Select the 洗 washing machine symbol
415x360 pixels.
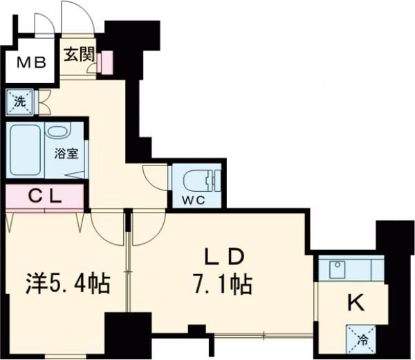[17, 102]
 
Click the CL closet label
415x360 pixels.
[46, 196]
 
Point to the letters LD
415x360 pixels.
[221, 258]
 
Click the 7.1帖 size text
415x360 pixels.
[221, 283]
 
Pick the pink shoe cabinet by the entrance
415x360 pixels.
[106, 62]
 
